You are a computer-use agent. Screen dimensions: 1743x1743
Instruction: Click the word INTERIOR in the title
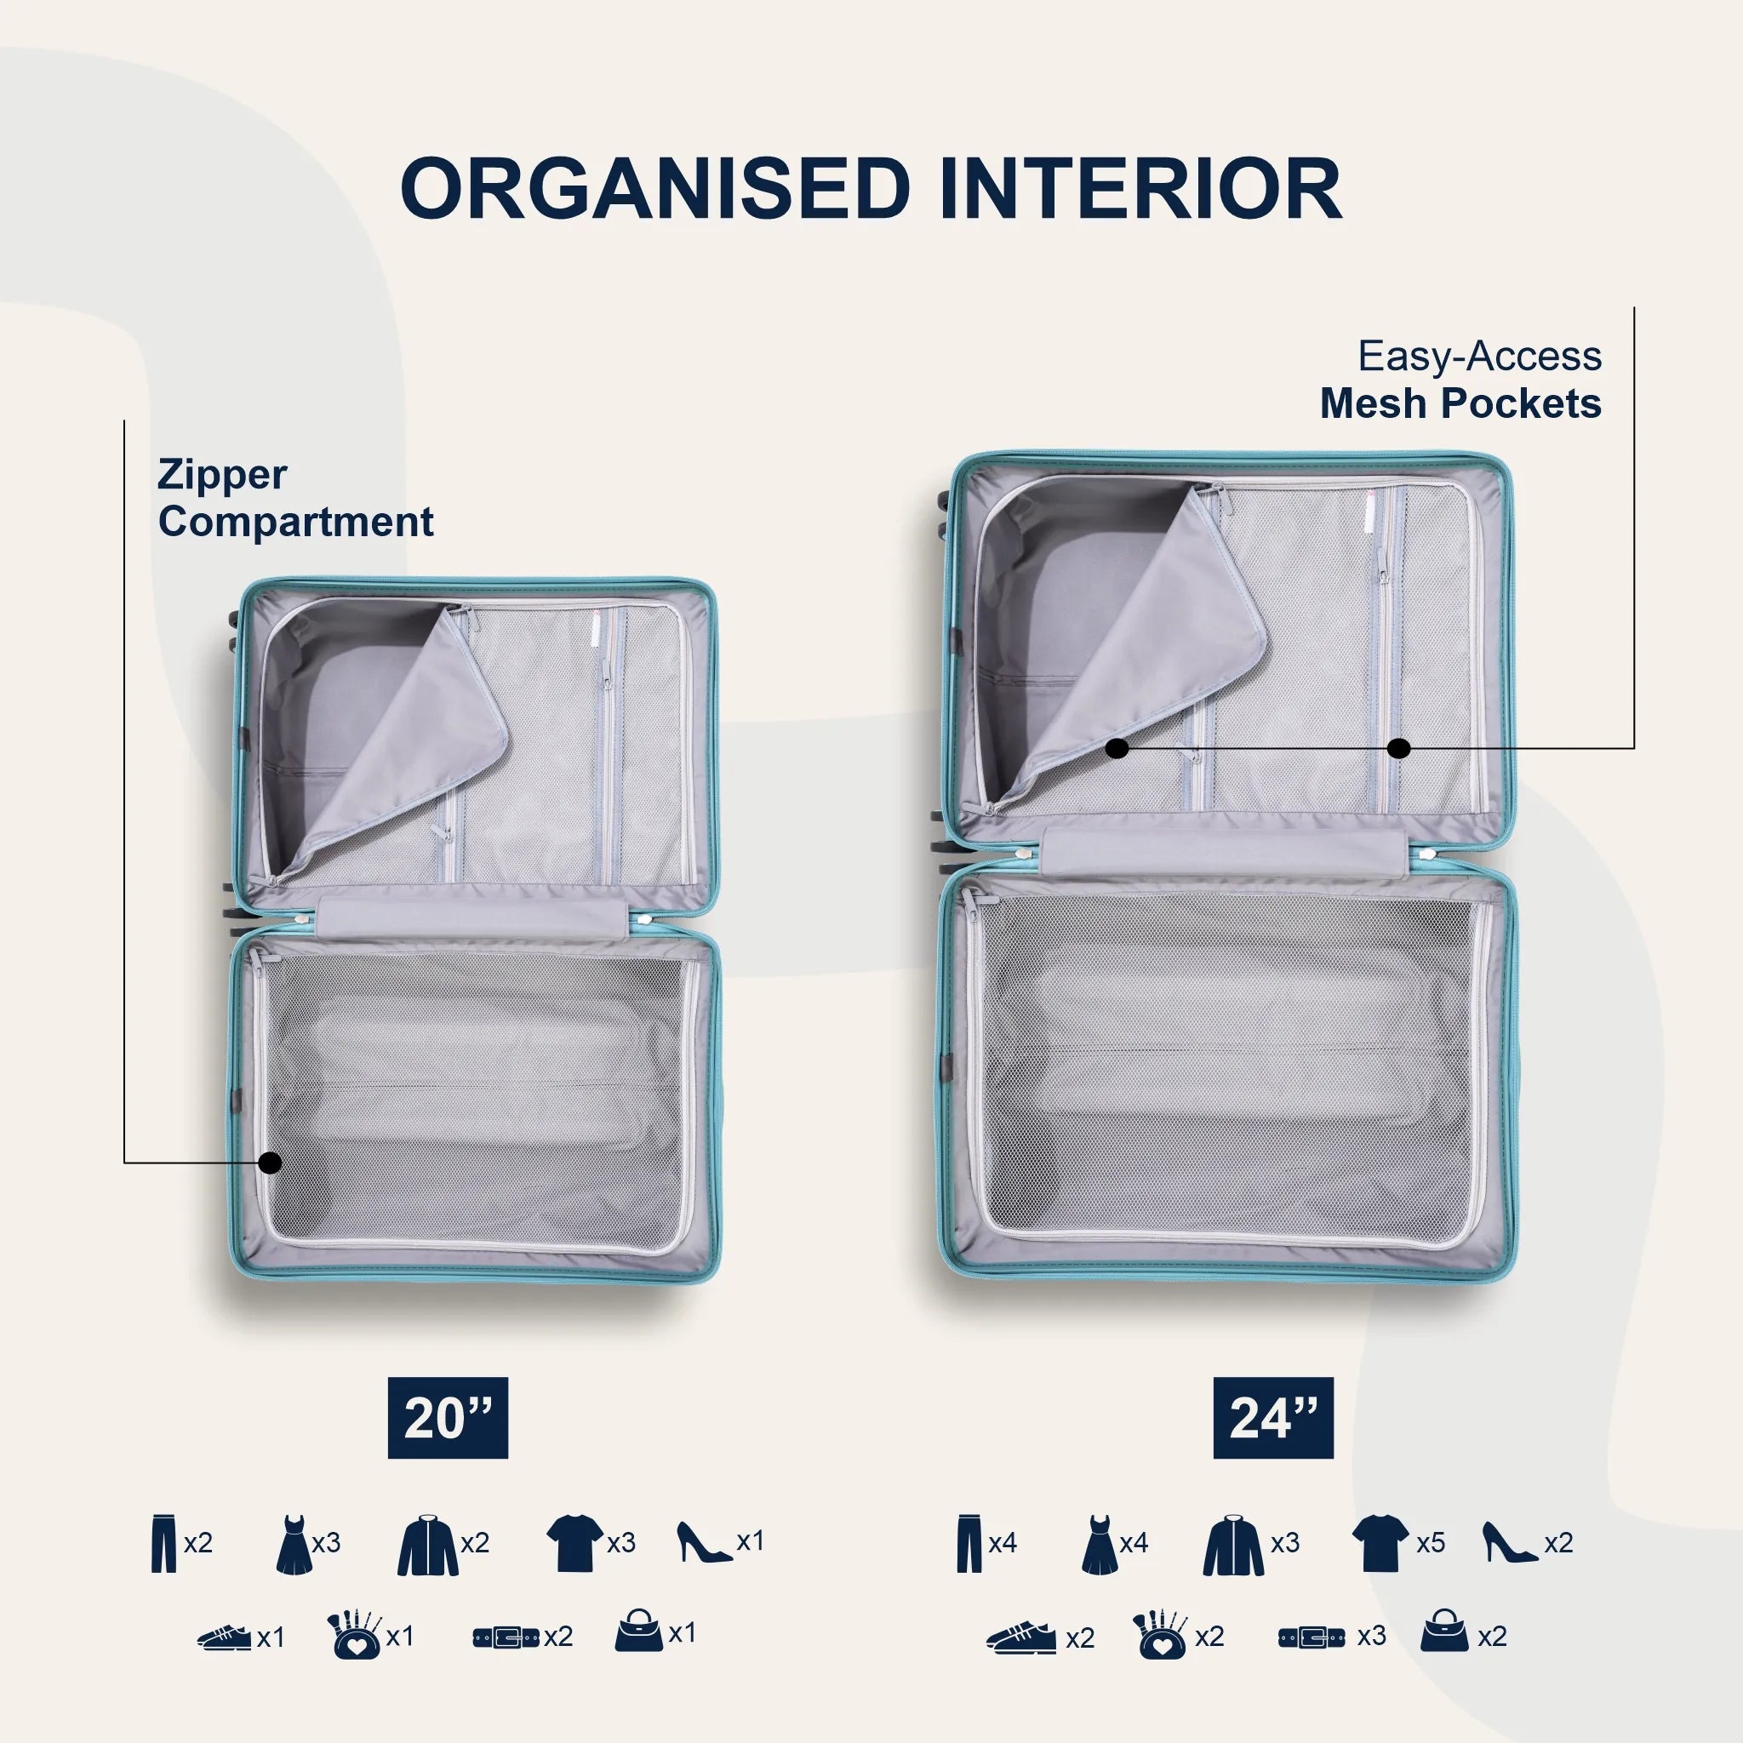coord(1140,189)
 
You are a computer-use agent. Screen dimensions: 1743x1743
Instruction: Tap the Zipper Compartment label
coord(295,498)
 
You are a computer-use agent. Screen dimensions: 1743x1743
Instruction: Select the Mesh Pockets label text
coord(1460,403)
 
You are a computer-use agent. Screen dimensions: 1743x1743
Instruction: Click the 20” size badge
coord(449,1417)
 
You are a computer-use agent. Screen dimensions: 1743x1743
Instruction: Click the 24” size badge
coord(1273,1417)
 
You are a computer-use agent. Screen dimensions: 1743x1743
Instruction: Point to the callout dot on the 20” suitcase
coord(270,1163)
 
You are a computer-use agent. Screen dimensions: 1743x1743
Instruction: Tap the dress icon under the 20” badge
coord(294,1545)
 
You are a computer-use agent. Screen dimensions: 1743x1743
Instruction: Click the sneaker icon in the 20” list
coord(225,1637)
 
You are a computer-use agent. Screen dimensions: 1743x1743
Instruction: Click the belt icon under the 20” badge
coord(506,1637)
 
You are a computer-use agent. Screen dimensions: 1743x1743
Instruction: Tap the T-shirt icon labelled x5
coord(1380,1542)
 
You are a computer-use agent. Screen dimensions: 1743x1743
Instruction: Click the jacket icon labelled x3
coord(1233,1546)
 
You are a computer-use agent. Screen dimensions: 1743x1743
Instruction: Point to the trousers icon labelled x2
coord(164,1544)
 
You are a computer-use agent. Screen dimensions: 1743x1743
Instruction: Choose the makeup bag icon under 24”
coord(1160,1634)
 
